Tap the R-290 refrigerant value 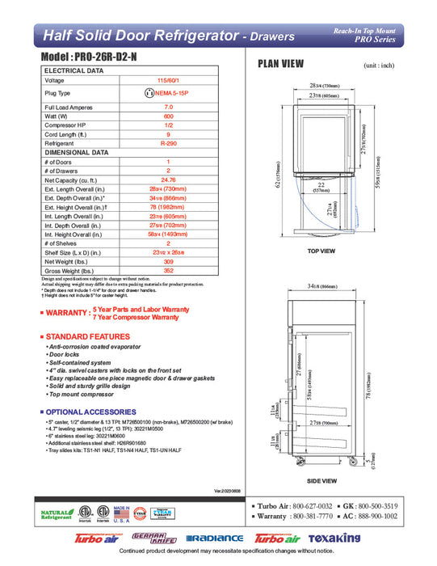tap(168, 142)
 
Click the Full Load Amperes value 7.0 tap(168, 107)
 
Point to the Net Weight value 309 tap(168, 262)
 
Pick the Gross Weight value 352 tap(168, 271)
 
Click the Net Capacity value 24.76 tap(168, 181)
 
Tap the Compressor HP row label tap(66, 125)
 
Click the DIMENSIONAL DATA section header tap(76, 152)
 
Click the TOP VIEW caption tap(321, 251)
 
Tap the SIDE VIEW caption tap(321, 480)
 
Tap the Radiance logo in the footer tap(214, 539)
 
